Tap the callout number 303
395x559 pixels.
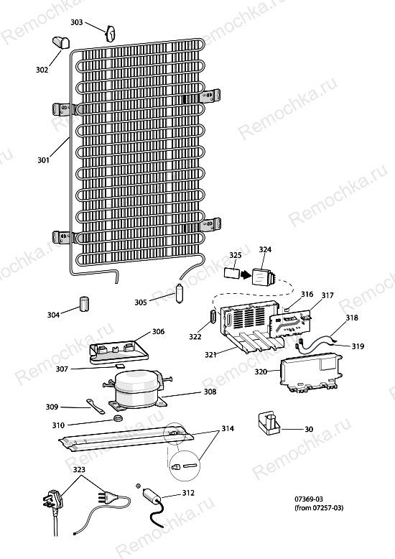(x=77, y=22)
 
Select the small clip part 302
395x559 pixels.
(x=61, y=42)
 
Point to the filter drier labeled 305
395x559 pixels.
(x=179, y=293)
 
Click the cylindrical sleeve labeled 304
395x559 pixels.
(x=84, y=304)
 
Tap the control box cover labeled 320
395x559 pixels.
(x=311, y=373)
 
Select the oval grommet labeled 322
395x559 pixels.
(x=213, y=317)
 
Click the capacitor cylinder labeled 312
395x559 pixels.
(x=152, y=497)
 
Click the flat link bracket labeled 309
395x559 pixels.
(x=96, y=407)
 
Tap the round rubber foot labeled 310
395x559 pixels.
(x=118, y=417)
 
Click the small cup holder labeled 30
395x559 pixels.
(x=268, y=422)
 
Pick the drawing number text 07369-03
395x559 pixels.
(x=309, y=499)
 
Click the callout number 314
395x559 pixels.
(x=228, y=428)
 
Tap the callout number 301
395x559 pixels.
(x=44, y=160)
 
